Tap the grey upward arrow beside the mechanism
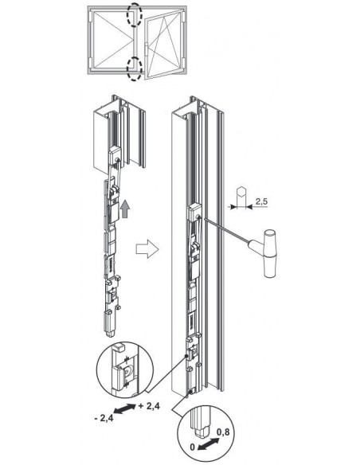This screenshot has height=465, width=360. coord(125,209)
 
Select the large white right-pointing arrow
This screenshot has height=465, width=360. coord(147,249)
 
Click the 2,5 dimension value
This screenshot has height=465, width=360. coord(261,201)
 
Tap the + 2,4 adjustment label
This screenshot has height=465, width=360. coord(149,406)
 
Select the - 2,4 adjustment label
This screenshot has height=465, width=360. coord(104,418)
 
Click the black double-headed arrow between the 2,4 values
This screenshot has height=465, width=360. coord(125,408)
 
